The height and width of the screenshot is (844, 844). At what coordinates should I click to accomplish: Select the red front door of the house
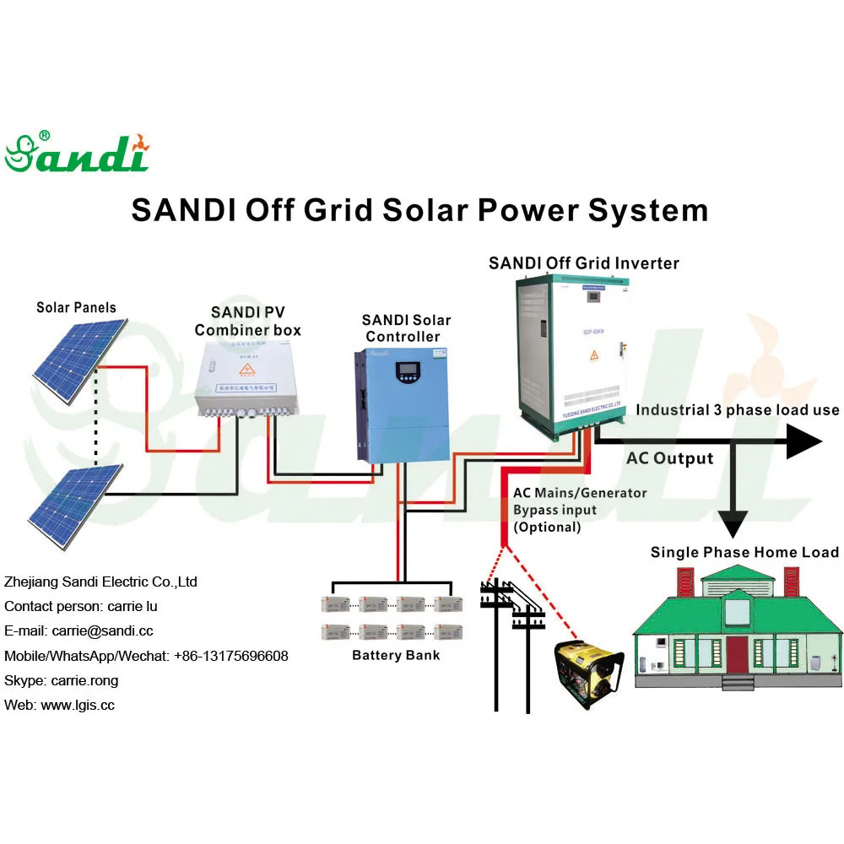pos(738,656)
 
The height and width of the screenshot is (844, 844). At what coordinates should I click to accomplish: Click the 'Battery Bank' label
pos(396,655)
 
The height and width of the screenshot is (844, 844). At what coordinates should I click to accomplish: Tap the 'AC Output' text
pos(669,459)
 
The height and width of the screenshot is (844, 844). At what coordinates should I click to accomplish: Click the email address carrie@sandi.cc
pos(102,630)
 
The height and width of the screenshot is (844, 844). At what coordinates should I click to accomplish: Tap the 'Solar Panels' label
pos(76,307)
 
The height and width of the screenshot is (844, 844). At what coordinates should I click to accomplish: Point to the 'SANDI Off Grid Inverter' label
pos(583,263)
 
